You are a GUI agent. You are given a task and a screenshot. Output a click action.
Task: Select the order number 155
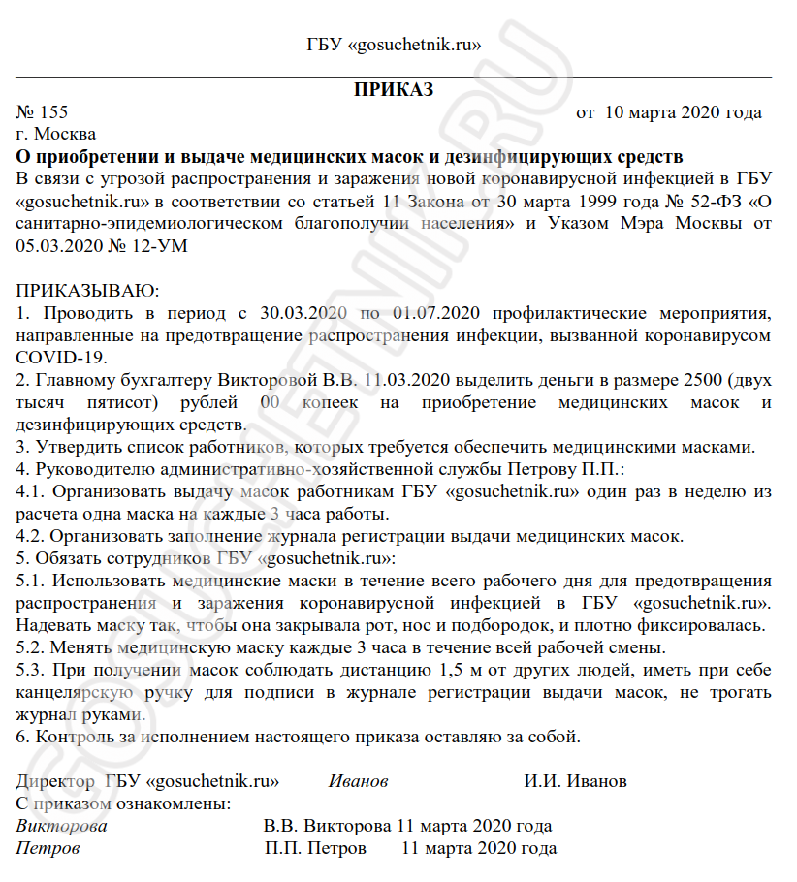click(x=54, y=113)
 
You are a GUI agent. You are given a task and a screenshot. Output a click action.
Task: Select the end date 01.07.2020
click(x=437, y=314)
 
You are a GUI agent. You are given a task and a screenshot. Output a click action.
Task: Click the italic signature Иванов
click(x=359, y=781)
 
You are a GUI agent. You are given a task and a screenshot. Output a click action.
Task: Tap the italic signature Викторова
click(x=62, y=826)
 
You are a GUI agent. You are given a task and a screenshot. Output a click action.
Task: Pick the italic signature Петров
click(x=48, y=848)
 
